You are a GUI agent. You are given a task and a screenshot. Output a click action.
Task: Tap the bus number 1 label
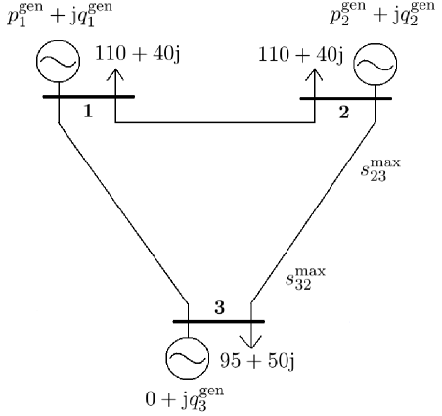click(87, 112)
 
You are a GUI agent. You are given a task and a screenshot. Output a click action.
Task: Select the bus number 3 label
click(219, 307)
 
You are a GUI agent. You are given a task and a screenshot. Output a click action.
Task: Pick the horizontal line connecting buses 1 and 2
click(215, 122)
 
